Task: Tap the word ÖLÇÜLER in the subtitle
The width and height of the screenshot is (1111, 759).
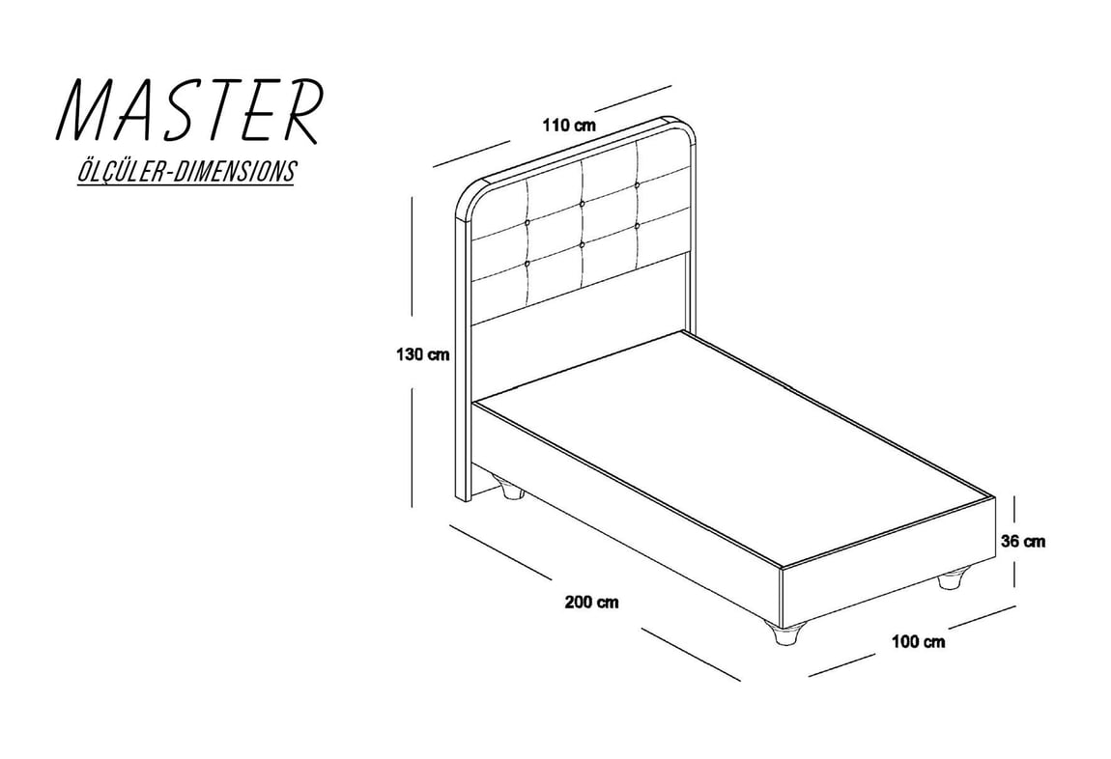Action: [121, 171]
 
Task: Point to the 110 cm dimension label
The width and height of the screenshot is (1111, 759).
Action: [569, 126]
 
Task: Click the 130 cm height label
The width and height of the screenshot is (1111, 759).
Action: [422, 354]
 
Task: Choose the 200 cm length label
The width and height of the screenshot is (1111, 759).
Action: [591, 603]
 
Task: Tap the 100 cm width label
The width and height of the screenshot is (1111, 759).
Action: [919, 642]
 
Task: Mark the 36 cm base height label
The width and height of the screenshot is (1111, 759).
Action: [1023, 542]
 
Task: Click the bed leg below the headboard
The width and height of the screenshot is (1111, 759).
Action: [512, 490]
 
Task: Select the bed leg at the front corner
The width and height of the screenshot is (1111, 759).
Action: [784, 632]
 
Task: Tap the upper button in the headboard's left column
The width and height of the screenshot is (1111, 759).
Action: [527, 224]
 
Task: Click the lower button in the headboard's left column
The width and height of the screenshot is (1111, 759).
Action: [527, 264]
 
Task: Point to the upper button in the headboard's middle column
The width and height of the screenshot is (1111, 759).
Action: [583, 204]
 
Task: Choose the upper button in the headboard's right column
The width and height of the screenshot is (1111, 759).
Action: [638, 184]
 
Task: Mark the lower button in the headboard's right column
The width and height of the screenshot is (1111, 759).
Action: [638, 225]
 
